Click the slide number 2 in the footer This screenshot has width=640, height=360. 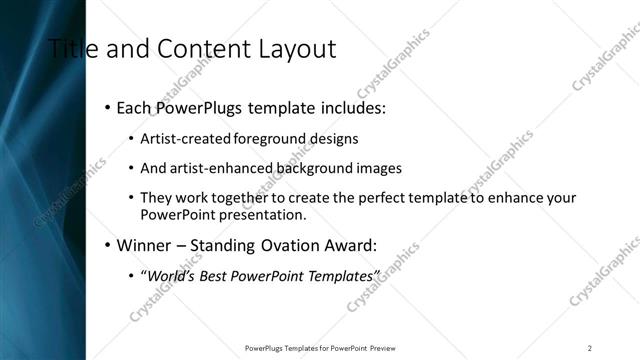[x=590, y=348]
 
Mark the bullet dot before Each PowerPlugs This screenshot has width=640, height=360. [x=107, y=107]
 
